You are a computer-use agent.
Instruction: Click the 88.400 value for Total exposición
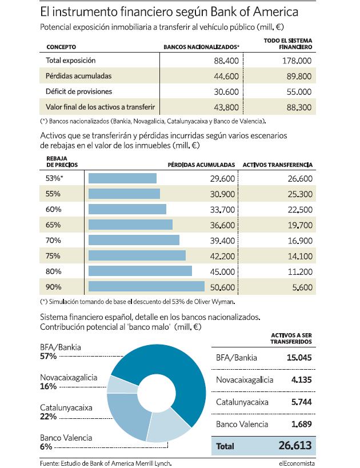pyautogui.click(x=226, y=61)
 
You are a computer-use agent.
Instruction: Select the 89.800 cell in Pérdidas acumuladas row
pyautogui.click(x=299, y=76)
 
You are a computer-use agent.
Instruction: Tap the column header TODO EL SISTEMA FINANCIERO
pyautogui.click(x=288, y=43)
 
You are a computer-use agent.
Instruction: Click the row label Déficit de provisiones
pyautogui.click(x=79, y=91)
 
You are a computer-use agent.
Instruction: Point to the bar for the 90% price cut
pyautogui.click(x=146, y=286)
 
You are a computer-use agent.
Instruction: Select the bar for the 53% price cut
pyautogui.click(x=122, y=178)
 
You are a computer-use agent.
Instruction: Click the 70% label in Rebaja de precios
pyautogui.click(x=53, y=240)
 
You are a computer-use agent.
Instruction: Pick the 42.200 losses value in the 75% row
pyautogui.click(x=222, y=256)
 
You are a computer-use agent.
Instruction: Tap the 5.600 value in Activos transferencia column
pyautogui.click(x=302, y=287)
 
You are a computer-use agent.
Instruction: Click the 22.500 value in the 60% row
pyautogui.click(x=300, y=210)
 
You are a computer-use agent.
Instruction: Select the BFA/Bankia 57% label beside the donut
pyautogui.click(x=61, y=351)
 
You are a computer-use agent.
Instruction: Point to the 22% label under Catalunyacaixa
pyautogui.click(x=49, y=417)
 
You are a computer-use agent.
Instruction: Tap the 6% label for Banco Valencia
pyautogui.click(x=46, y=446)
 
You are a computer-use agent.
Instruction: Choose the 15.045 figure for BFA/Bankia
pyautogui.click(x=299, y=358)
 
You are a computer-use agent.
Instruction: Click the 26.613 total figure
pyautogui.click(x=295, y=445)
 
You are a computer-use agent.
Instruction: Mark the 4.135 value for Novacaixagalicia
pyautogui.click(x=302, y=379)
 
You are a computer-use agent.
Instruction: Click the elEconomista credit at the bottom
pyautogui.click(x=297, y=463)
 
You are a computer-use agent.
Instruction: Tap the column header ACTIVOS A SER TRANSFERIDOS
pyautogui.click(x=291, y=338)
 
